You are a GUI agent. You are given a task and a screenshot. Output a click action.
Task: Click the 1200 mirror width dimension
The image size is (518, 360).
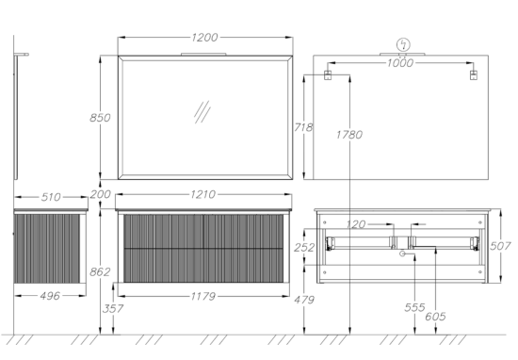click(x=204, y=38)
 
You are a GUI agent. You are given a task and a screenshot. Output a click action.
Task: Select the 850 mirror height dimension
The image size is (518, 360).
click(x=100, y=118)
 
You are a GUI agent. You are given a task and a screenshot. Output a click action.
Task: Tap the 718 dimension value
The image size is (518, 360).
click(x=303, y=127)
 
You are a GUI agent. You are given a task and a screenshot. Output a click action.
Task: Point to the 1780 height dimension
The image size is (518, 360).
click(x=349, y=135)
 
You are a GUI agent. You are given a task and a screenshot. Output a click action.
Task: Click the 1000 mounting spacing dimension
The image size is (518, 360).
click(x=400, y=63)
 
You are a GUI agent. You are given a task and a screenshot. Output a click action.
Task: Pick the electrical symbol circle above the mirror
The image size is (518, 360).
click(x=403, y=44)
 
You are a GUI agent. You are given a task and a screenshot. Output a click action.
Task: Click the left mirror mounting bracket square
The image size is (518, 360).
click(x=327, y=75)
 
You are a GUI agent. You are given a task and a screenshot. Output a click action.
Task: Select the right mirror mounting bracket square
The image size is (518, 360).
click(x=474, y=75)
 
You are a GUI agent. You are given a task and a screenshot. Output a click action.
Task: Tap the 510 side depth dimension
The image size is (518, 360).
click(x=51, y=197)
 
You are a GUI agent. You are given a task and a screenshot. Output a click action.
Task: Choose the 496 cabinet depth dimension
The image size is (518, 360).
click(x=50, y=296)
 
